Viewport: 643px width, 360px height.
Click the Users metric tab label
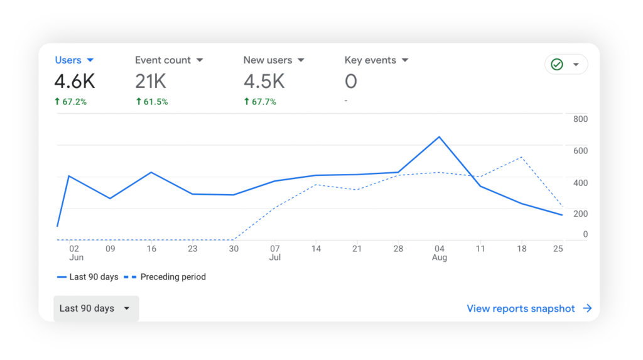[68, 60]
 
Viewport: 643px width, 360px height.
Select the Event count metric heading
[163, 60]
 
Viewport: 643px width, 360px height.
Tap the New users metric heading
[267, 60]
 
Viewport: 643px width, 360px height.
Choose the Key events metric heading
[370, 60]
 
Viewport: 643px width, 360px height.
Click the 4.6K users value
[75, 81]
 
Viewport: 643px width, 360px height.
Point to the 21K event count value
[151, 81]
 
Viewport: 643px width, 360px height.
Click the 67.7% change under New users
[260, 102]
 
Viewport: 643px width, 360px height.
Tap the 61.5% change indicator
[152, 102]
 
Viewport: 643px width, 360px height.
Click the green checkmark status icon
[557, 65]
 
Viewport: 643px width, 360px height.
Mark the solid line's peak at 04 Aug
[439, 136]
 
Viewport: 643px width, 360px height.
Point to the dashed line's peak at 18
[521, 157]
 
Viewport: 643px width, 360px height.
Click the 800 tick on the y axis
[580, 119]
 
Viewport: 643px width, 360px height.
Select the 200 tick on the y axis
[580, 214]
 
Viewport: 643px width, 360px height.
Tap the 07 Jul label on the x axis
[275, 253]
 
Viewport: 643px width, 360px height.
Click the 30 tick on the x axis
[234, 249]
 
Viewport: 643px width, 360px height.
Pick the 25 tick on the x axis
[558, 249]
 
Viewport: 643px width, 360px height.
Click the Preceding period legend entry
[173, 276]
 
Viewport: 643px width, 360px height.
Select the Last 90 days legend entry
[94, 276]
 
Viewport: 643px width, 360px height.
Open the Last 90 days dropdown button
[95, 308]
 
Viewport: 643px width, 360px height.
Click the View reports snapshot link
[529, 308]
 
